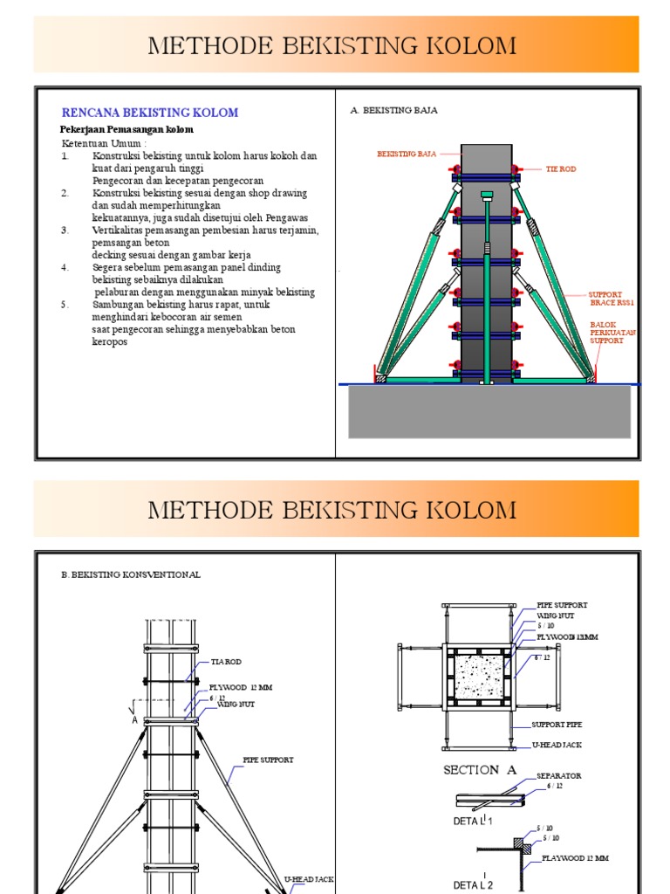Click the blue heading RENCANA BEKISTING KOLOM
pos(149,113)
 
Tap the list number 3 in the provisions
pos(65,230)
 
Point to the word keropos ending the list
pos(109,341)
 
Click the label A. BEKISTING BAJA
pos(393,111)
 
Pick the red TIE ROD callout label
pos(561,168)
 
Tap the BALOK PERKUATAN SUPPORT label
pos(613,333)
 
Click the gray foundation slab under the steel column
pos(489,411)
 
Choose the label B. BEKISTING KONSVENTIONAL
pos(131,574)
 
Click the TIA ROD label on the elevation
pos(226,663)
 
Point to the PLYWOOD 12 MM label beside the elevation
pos(241,687)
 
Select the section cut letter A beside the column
pos(134,720)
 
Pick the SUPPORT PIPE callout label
pos(557,725)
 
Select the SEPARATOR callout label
pos(558,775)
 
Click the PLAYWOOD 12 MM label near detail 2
pos(575,858)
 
